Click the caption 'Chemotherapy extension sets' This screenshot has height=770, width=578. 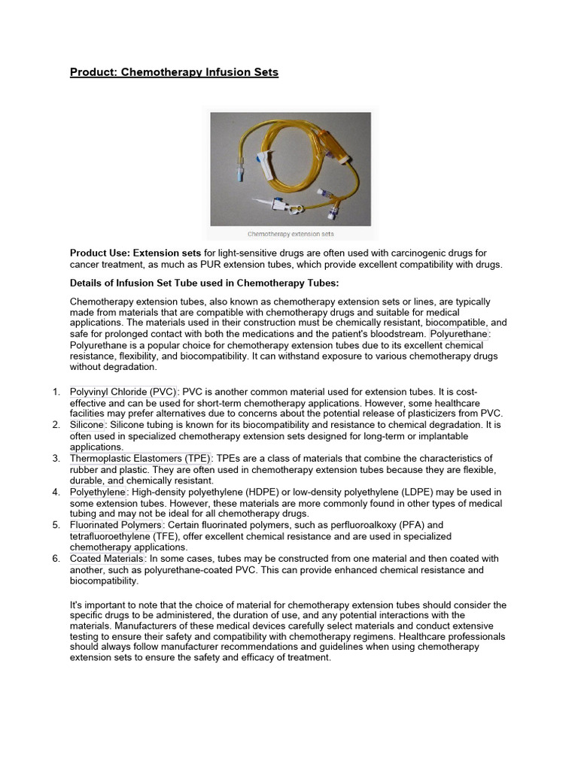[x=291, y=234]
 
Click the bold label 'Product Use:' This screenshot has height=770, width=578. [x=100, y=253]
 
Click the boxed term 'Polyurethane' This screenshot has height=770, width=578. [x=458, y=333]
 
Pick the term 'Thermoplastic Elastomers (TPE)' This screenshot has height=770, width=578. [x=141, y=458]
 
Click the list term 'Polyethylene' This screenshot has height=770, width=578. [x=98, y=492]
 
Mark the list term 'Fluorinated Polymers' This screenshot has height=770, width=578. [x=116, y=525]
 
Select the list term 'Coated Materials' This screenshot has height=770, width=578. [x=106, y=559]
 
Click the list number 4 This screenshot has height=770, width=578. [x=56, y=492]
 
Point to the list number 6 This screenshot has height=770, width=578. [x=56, y=559]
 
